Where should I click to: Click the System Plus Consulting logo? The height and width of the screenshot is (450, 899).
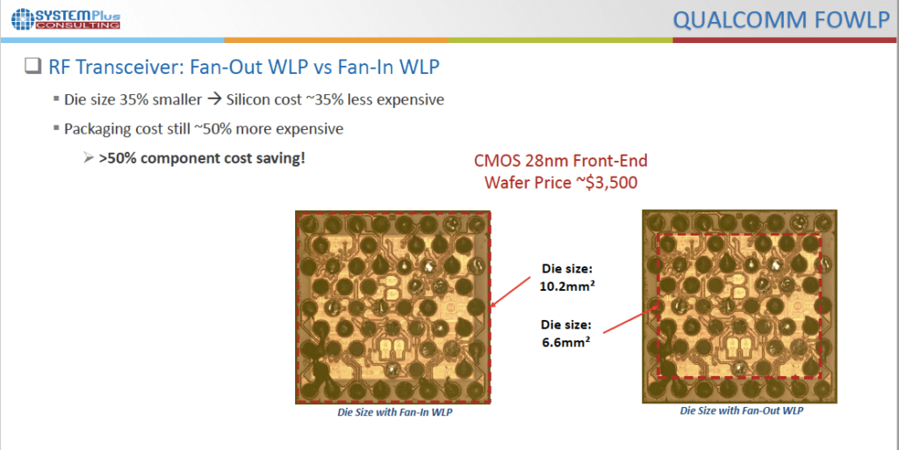[x=66, y=19]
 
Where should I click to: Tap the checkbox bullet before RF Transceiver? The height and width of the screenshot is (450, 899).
[x=32, y=67]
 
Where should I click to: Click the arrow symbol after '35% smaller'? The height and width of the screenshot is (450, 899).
[x=214, y=99]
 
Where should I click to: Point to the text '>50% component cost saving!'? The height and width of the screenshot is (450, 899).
[x=202, y=158]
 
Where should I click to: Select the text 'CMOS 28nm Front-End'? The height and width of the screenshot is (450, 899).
[x=561, y=160]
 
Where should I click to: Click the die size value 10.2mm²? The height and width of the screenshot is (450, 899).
[x=566, y=286]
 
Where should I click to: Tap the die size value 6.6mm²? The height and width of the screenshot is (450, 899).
[x=566, y=341]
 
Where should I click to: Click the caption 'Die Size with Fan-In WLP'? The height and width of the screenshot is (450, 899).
[x=394, y=412]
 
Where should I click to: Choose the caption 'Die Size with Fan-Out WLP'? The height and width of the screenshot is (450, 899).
[x=741, y=410]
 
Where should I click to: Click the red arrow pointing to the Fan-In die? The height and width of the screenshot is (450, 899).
[x=511, y=290]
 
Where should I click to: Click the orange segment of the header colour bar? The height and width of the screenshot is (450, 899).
[x=336, y=40]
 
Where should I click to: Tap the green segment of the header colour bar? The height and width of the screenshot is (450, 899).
[x=560, y=40]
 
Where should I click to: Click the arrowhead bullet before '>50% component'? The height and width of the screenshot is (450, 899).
[x=89, y=158]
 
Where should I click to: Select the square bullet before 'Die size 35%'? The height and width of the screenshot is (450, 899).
[x=56, y=98]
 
